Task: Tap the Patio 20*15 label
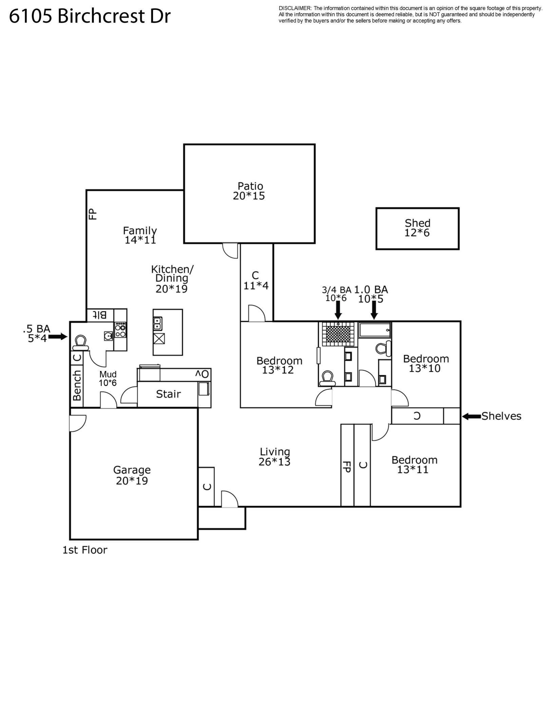coord(250,191)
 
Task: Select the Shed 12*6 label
coord(417,228)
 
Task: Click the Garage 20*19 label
coord(132,475)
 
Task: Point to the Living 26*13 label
coord(274,457)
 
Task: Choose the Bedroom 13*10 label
coord(426,363)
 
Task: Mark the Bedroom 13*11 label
coord(414,465)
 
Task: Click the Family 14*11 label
coord(140,235)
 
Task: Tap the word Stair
coord(168,394)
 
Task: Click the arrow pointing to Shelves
coord(471,416)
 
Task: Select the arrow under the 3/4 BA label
coord(338,310)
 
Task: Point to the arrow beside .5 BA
coord(58,337)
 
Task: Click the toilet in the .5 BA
coord(81,342)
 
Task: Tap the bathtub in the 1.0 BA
coord(375,330)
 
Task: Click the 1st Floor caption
coord(84,550)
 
